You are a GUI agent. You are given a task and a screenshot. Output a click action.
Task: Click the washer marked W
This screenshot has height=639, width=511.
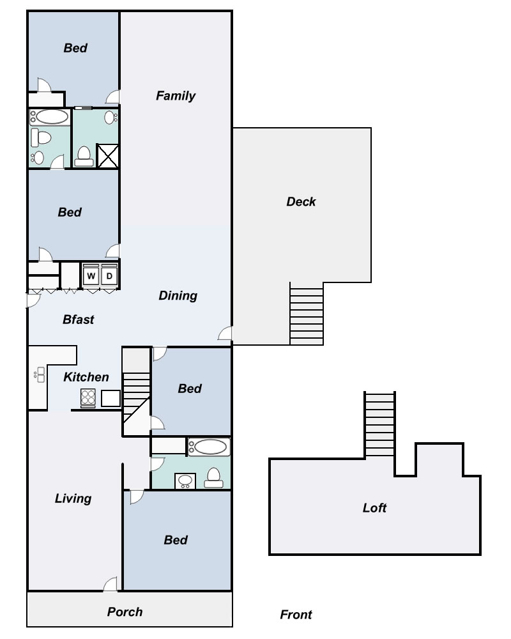pyautogui.click(x=91, y=275)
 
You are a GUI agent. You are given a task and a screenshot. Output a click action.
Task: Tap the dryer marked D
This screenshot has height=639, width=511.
pyautogui.click(x=109, y=275)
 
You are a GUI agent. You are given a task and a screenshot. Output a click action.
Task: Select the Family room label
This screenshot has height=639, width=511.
pyautogui.click(x=176, y=96)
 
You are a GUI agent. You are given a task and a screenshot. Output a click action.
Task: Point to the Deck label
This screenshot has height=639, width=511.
pyautogui.click(x=301, y=201)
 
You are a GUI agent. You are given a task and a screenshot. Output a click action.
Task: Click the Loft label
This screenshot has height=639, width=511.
pyautogui.click(x=374, y=508)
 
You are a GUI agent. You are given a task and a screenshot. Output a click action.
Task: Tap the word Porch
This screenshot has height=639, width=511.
pyautogui.click(x=125, y=612)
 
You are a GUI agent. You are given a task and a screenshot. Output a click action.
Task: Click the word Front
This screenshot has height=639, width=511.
pyautogui.click(x=296, y=615)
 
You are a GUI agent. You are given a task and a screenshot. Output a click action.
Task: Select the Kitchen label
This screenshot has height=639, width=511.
pyautogui.click(x=86, y=377)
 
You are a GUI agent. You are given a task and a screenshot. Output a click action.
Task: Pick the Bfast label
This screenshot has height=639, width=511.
pyautogui.click(x=78, y=319)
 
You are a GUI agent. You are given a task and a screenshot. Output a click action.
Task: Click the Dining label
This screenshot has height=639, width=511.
pyautogui.click(x=178, y=296)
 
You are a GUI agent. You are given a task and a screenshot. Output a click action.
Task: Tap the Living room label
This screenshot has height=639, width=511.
pyautogui.click(x=73, y=498)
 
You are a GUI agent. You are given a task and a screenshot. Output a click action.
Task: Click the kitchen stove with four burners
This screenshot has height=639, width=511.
pyautogui.click(x=88, y=397)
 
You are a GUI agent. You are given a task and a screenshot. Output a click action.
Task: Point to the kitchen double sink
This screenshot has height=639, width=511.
pyautogui.click(x=40, y=374)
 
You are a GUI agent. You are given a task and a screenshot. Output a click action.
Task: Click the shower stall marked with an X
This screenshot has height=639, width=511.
pyautogui.click(x=108, y=156)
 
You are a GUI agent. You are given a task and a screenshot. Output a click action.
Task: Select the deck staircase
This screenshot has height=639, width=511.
pyautogui.click(x=307, y=313)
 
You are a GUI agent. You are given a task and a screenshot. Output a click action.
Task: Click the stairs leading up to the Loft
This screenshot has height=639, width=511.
pyautogui.click(x=379, y=424)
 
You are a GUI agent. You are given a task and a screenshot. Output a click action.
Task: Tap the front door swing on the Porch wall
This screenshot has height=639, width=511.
pyautogui.click(x=111, y=583)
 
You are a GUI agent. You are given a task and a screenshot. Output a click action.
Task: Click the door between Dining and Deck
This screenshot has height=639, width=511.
pyautogui.click(x=225, y=333)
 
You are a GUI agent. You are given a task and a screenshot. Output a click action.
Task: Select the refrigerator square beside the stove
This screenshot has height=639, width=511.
pyautogui.click(x=111, y=398)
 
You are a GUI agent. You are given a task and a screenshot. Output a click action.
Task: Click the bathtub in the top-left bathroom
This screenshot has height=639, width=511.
pyautogui.click(x=50, y=117)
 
